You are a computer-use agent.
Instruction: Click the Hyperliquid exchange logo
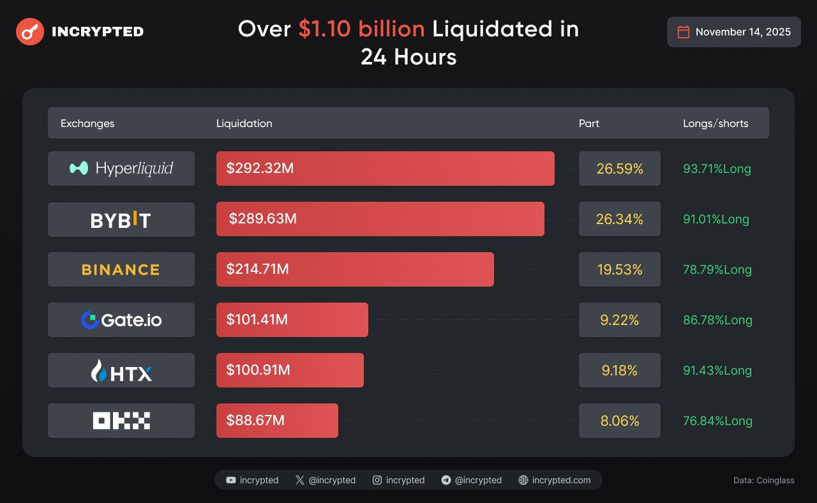(121, 169)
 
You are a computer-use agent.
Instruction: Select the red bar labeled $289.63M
(380, 219)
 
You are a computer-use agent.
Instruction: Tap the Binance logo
(121, 269)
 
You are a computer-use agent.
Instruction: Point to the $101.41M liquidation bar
(292, 320)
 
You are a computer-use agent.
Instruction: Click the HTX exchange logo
(121, 370)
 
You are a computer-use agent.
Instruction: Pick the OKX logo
(121, 421)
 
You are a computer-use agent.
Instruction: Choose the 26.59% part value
(619, 169)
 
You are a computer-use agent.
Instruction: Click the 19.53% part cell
(619, 269)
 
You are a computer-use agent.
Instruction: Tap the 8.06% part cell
(619, 421)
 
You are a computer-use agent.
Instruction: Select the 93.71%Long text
(717, 169)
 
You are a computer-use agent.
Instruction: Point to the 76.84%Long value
(717, 421)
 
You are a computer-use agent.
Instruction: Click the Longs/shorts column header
(716, 123)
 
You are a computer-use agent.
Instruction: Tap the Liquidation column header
(244, 123)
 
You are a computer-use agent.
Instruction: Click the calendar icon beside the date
(683, 32)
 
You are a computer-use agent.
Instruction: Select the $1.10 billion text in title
(361, 29)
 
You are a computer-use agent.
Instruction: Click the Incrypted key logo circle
(30, 31)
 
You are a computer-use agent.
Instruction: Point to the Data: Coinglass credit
(764, 480)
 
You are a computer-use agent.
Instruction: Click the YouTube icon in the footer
(231, 480)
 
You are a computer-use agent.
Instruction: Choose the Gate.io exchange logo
(121, 320)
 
